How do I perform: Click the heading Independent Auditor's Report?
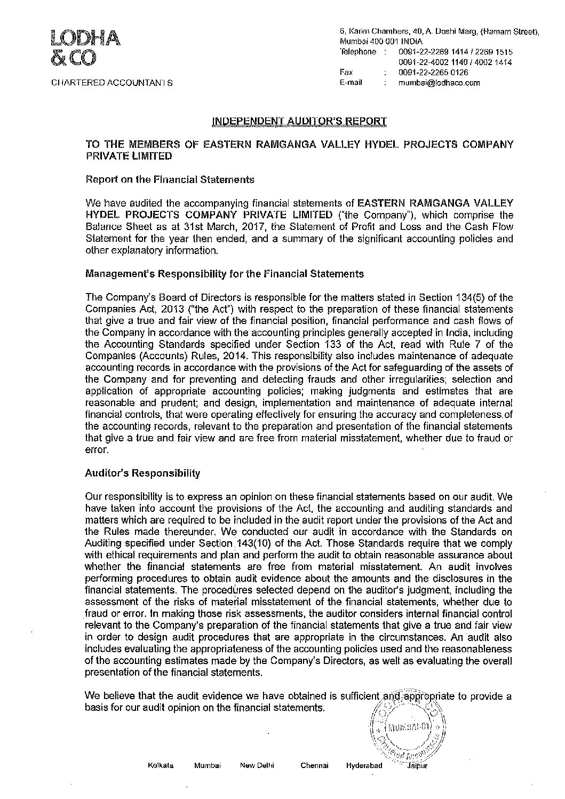click(x=299, y=121)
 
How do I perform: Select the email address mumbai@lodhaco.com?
click(x=439, y=83)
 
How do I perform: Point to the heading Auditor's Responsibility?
click(x=142, y=473)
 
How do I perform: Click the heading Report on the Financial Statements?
click(x=170, y=180)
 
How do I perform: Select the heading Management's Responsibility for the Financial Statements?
click(x=225, y=273)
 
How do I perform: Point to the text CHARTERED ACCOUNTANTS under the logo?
click(x=112, y=83)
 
